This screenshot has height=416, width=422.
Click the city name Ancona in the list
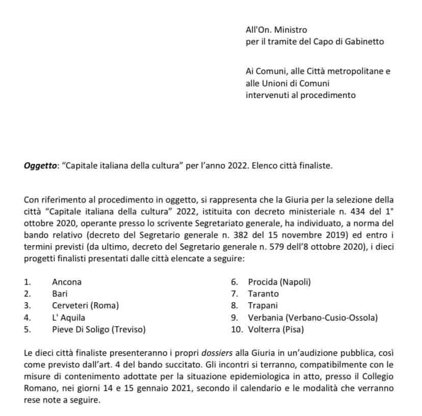pyautogui.click(x=67, y=282)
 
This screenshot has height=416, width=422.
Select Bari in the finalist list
pyautogui.click(x=60, y=293)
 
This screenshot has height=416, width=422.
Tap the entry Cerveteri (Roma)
pyautogui.click(x=85, y=306)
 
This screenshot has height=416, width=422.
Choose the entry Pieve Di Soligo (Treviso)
pyautogui.click(x=99, y=329)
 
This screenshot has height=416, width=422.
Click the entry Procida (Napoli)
pyautogui.click(x=279, y=282)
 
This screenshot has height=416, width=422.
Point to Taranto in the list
pyautogui.click(x=263, y=293)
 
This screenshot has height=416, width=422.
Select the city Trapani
pyautogui.click(x=263, y=306)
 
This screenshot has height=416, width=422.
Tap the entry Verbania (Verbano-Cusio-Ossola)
pyautogui.click(x=313, y=317)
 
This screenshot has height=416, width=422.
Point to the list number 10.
pyautogui.click(x=236, y=329)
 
